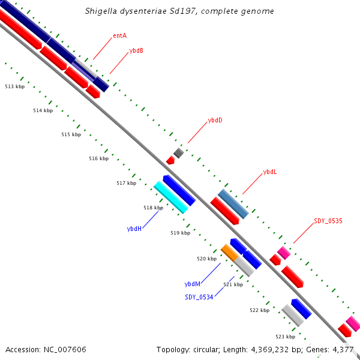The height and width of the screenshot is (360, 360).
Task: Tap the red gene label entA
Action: pos(119,35)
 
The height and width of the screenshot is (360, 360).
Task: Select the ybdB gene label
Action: pos(136,51)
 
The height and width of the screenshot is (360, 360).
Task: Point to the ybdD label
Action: pos(215,120)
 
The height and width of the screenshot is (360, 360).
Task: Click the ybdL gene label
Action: pos(270,172)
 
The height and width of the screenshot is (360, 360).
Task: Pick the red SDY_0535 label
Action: pos(328,221)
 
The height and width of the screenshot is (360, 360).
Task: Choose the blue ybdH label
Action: pos(134,229)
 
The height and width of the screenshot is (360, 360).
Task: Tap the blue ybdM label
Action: pos(192,284)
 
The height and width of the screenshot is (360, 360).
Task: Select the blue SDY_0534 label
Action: pos(199,296)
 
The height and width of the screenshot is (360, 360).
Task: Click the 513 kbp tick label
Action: pos(14,86)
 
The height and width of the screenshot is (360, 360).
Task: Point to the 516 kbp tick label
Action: pos(98,158)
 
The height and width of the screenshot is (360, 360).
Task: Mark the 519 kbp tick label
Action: pos(180,233)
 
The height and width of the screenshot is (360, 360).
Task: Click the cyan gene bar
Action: pos(171,197)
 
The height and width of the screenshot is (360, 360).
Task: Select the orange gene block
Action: pos(229,252)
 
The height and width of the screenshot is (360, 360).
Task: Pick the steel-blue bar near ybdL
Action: pos(233,204)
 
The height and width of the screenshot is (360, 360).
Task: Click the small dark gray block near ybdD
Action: pos(178,152)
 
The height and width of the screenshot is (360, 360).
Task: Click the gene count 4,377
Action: pos(343,349)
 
